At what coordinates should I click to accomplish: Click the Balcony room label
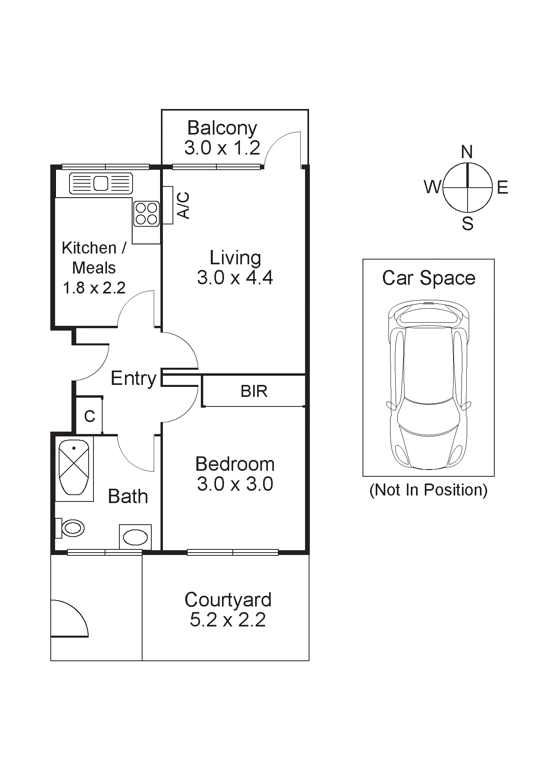click(x=222, y=128)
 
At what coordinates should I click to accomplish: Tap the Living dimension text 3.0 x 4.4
click(x=235, y=277)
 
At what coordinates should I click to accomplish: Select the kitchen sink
click(x=101, y=183)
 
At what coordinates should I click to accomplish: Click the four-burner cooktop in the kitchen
click(x=146, y=214)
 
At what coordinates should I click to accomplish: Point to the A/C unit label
click(x=183, y=205)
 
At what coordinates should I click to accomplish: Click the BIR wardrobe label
click(x=254, y=391)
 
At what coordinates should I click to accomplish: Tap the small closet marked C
click(x=89, y=416)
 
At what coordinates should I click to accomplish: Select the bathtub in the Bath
click(x=74, y=467)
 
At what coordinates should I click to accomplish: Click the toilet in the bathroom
click(x=72, y=528)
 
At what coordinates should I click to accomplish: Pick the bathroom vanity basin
click(x=135, y=537)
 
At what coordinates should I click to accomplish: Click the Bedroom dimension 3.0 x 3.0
click(x=235, y=484)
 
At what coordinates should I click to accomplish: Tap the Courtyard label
click(x=228, y=600)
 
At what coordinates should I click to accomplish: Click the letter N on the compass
click(x=467, y=152)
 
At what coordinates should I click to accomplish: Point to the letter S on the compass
click(x=468, y=223)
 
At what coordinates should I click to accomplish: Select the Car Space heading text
click(x=428, y=278)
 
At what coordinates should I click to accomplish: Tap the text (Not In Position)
click(x=428, y=490)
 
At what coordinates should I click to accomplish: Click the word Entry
click(x=133, y=379)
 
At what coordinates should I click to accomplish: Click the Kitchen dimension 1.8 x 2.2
click(x=94, y=287)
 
